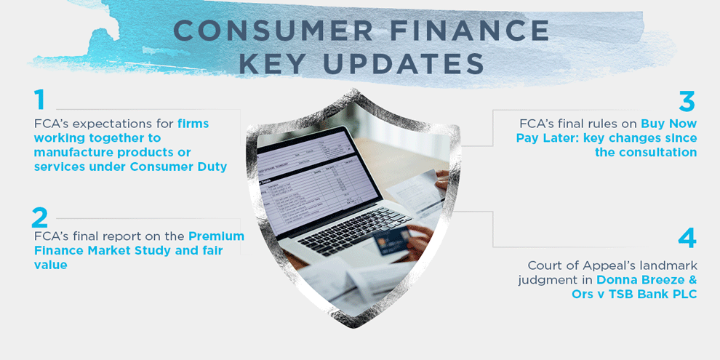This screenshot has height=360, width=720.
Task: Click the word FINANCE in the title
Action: click(x=472, y=31)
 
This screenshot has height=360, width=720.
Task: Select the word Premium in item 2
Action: click(x=216, y=236)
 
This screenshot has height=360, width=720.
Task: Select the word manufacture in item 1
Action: click(x=76, y=152)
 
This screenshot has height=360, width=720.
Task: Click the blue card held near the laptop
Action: click(x=392, y=240)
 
